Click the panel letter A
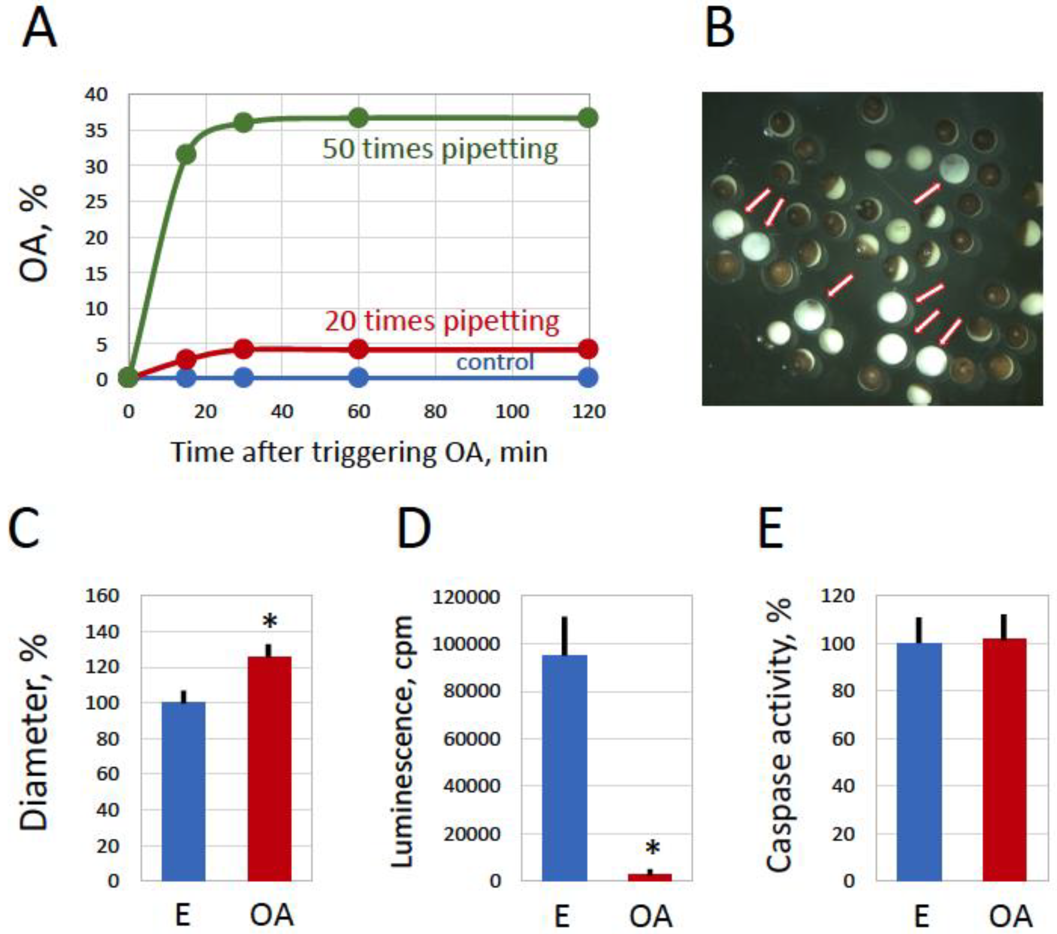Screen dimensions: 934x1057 click(39, 30)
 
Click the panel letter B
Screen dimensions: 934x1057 click(719, 30)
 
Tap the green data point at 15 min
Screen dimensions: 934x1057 click(186, 154)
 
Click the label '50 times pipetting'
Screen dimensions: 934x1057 click(440, 149)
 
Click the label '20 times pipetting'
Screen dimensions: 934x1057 click(442, 321)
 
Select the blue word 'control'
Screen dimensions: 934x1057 click(495, 362)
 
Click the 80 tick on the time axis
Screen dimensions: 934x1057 click(435, 412)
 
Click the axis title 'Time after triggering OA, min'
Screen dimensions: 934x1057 click(359, 452)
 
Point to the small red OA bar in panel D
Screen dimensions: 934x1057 click(650, 877)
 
